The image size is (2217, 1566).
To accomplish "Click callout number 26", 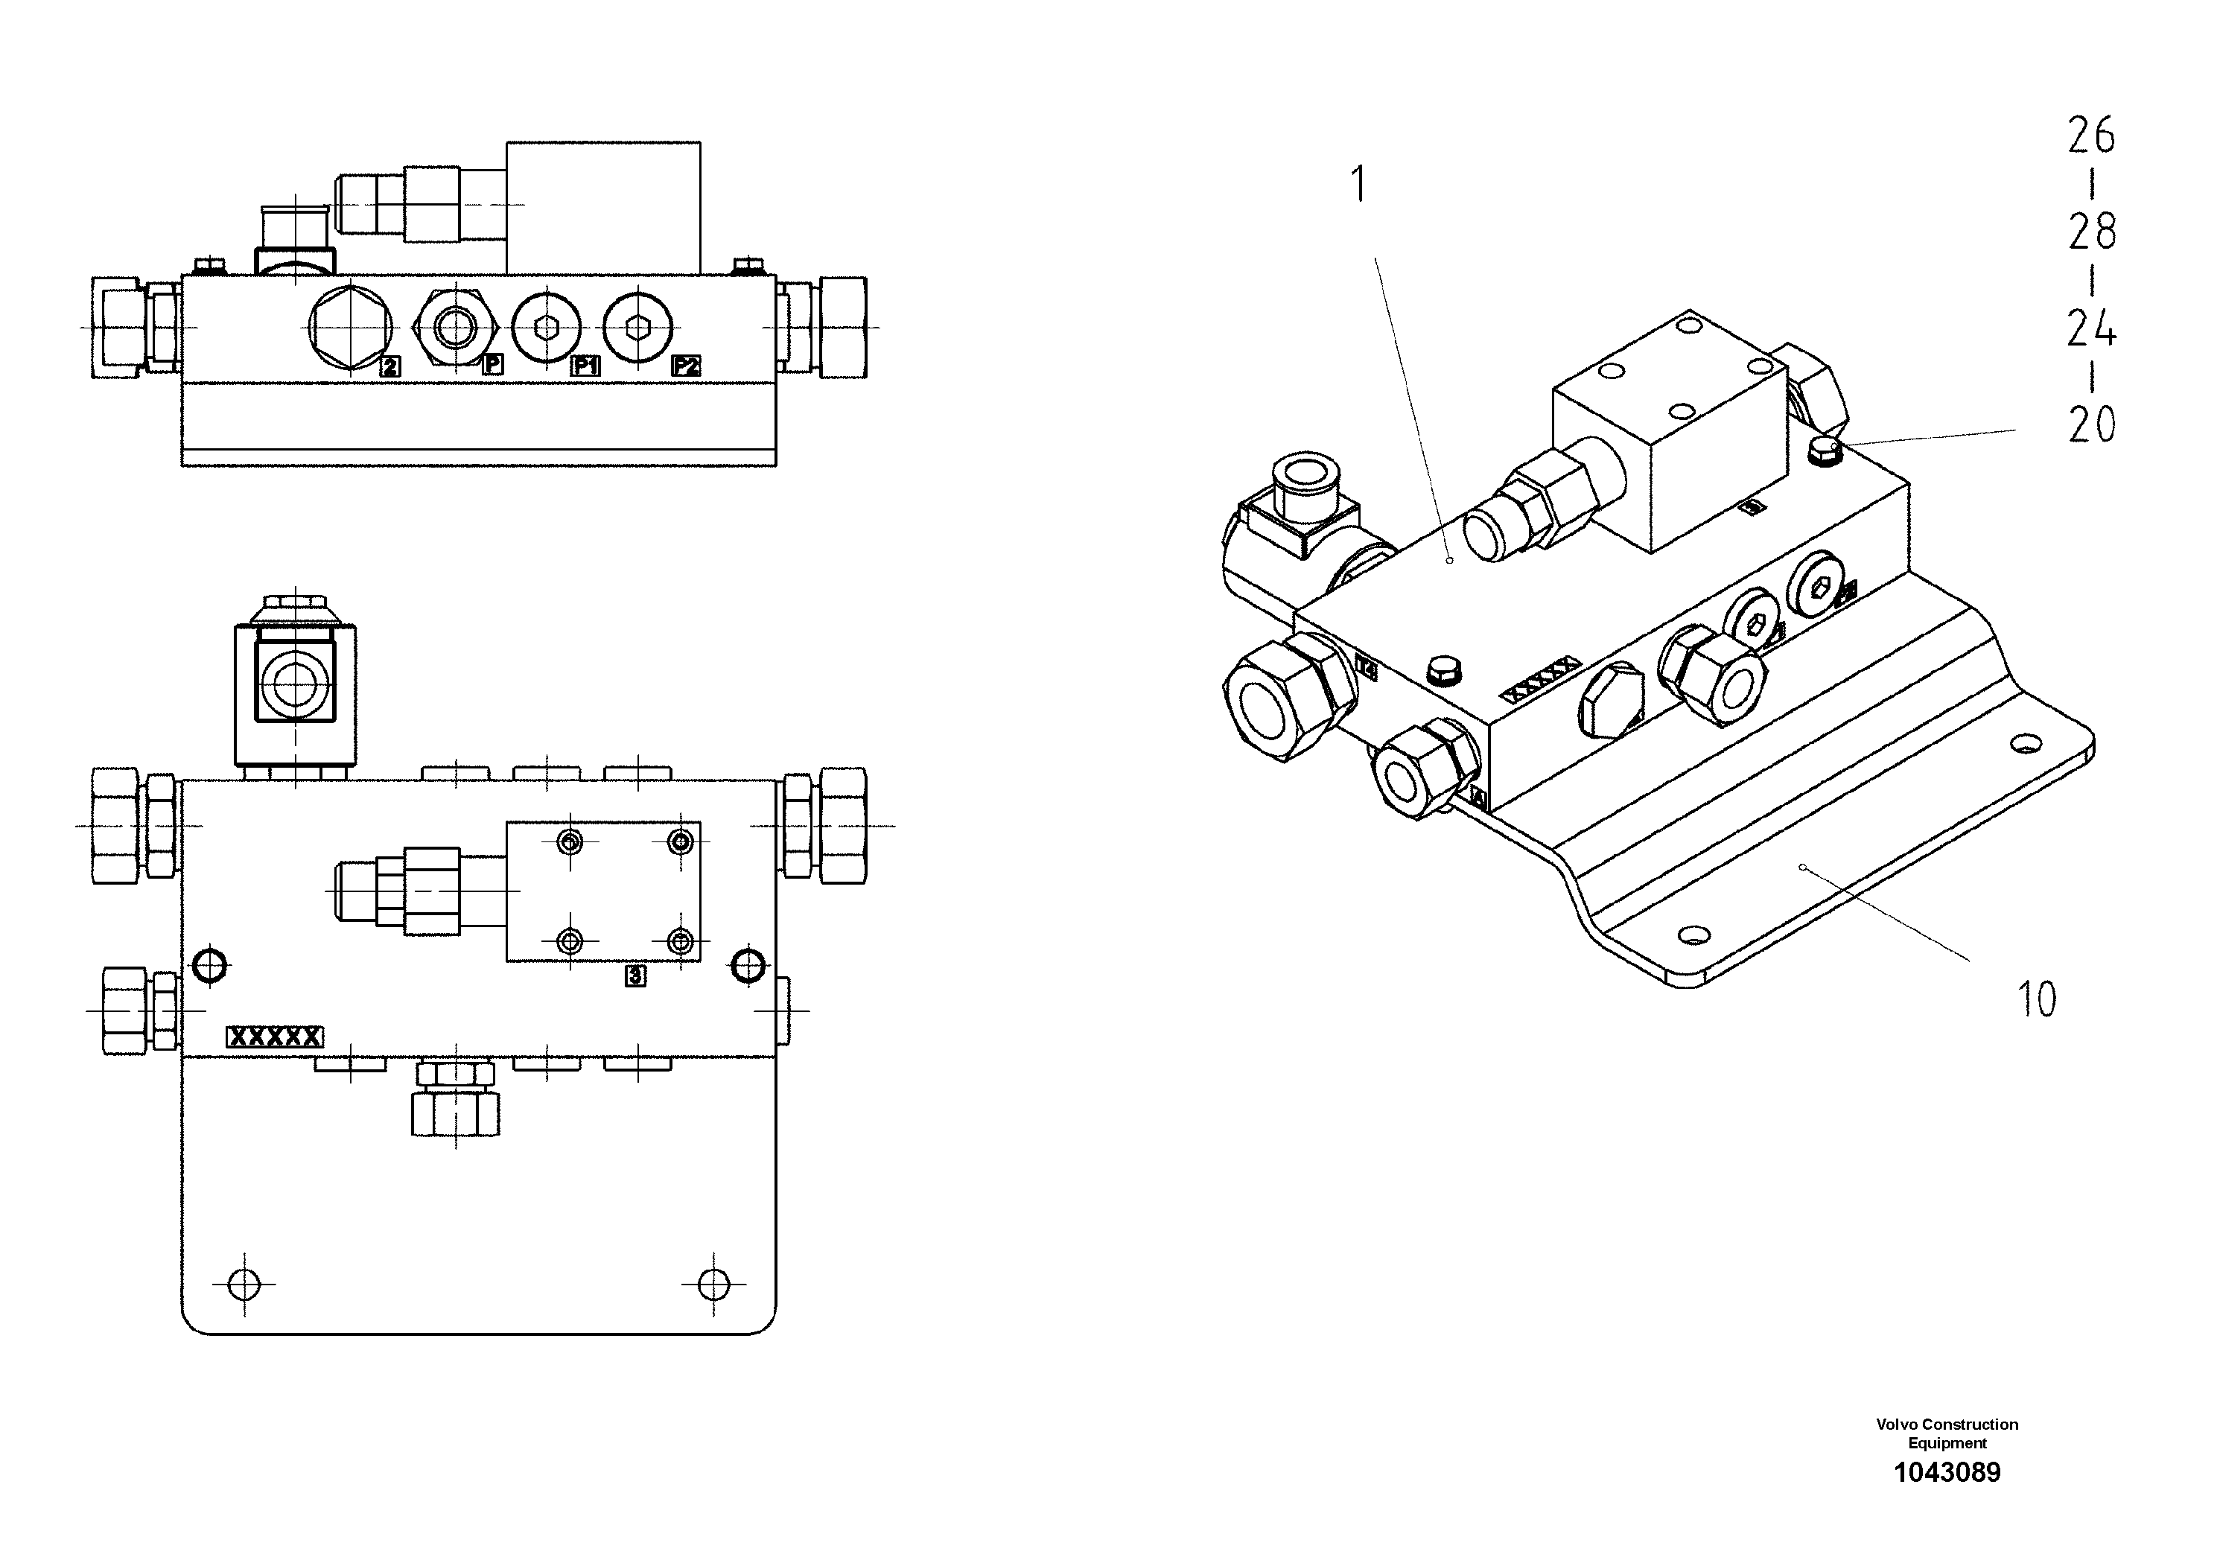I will pyautogui.click(x=2091, y=136).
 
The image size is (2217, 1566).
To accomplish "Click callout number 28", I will pyautogui.click(x=2091, y=231).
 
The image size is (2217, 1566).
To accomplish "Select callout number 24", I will pyautogui.click(x=2091, y=328).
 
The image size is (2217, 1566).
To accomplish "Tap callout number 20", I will pyautogui.click(x=2091, y=424).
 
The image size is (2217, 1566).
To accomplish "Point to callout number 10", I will pyautogui.click(x=2037, y=999).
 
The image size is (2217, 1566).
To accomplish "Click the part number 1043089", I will pyautogui.click(x=1947, y=1472).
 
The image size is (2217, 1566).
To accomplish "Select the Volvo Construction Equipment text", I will pyautogui.click(x=1947, y=1433).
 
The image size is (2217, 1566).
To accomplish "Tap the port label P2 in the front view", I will pyautogui.click(x=686, y=366).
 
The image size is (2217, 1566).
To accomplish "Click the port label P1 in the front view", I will pyautogui.click(x=585, y=366).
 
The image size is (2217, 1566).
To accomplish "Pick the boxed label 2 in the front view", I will pyautogui.click(x=389, y=366).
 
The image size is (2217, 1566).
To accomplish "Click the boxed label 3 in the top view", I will pyautogui.click(x=634, y=976).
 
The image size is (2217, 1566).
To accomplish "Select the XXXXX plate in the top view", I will pyautogui.click(x=274, y=1037).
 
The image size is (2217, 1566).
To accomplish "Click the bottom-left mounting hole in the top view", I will pyautogui.click(x=244, y=1283).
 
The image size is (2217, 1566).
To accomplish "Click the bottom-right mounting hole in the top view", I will pyautogui.click(x=713, y=1283).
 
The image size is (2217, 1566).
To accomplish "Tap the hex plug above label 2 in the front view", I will pyautogui.click(x=349, y=328).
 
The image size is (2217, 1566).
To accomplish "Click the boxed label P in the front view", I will pyautogui.click(x=492, y=365).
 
